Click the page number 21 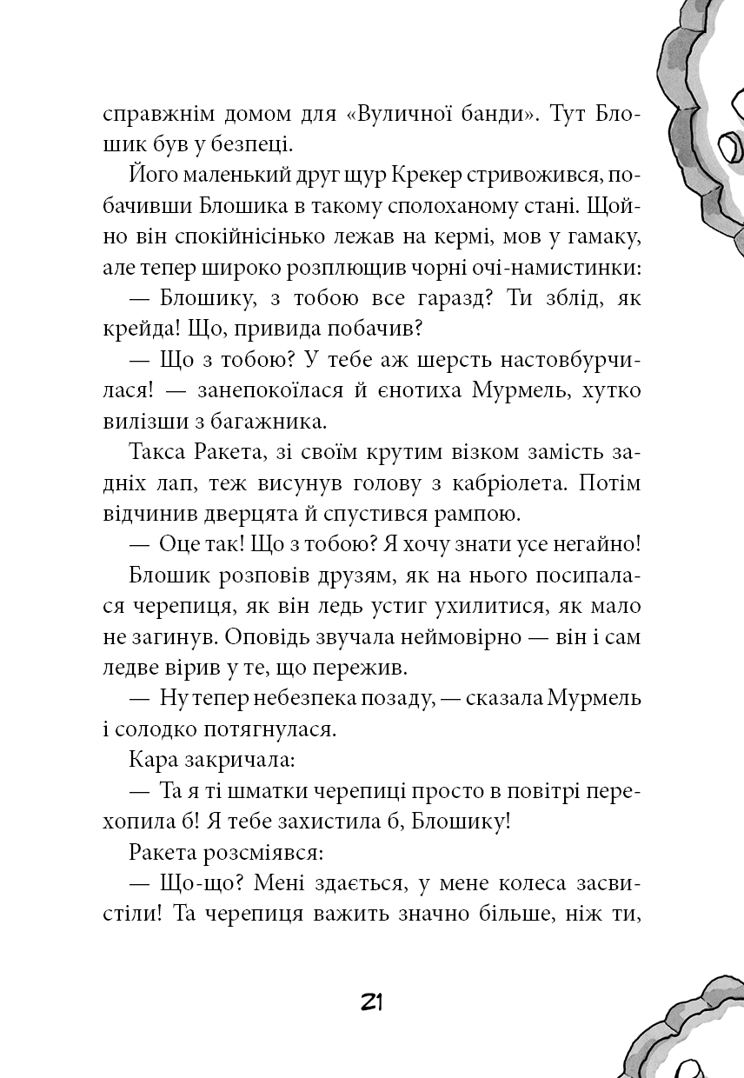click(x=371, y=1001)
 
